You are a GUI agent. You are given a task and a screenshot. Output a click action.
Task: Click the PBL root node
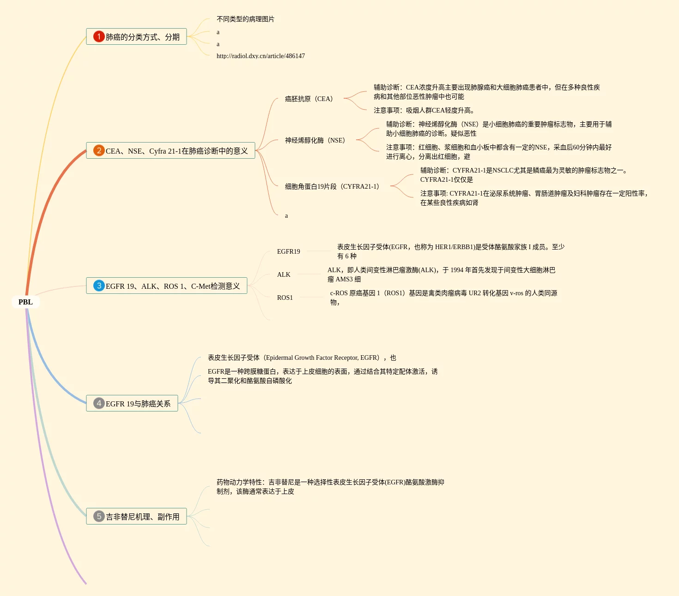point(25,302)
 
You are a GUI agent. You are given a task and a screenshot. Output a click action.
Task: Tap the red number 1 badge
point(99,36)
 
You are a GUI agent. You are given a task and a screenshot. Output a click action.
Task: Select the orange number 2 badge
point(99,150)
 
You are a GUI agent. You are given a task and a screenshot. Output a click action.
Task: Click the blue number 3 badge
point(99,286)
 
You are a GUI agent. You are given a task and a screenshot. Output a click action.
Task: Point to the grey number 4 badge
point(99,403)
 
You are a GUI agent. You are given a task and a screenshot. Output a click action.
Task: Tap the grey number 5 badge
point(99,516)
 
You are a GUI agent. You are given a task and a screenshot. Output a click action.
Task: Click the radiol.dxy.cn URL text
point(261,56)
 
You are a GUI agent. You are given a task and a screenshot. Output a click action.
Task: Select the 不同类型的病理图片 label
point(245,19)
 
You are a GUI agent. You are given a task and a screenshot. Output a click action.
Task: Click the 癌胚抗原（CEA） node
point(309,99)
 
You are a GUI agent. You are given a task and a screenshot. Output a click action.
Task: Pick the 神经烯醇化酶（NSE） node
point(315,140)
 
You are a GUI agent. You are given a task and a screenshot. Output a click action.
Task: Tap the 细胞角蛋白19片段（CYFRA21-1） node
point(332,186)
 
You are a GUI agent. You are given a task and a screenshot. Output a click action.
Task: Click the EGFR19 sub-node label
point(289,251)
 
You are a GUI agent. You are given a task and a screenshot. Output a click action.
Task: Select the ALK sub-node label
point(284,274)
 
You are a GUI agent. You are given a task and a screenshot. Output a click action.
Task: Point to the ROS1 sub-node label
point(285,298)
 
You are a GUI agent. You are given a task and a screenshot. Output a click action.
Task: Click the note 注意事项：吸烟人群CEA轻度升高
point(424,110)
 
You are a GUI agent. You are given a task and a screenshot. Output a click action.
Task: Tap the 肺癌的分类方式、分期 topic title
point(143,37)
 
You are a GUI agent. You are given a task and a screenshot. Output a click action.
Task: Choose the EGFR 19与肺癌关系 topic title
point(138,404)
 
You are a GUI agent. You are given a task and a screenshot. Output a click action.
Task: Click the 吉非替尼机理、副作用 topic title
point(143,517)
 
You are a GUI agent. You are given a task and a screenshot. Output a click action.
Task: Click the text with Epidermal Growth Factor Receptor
point(302,358)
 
